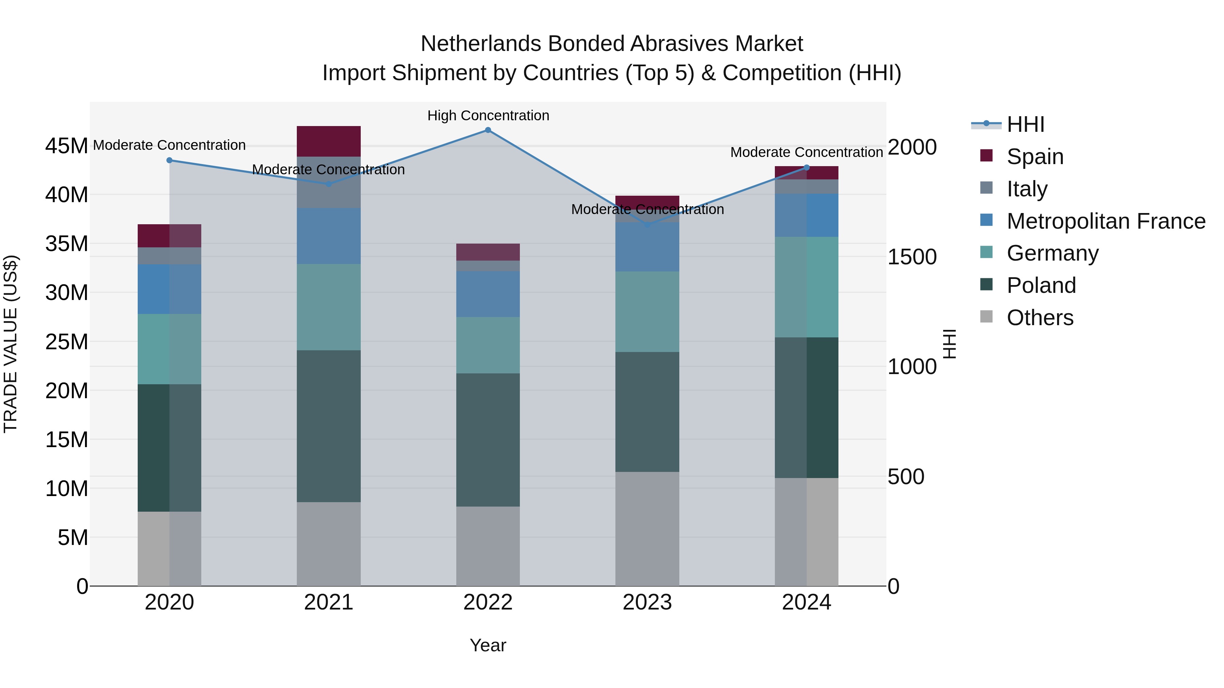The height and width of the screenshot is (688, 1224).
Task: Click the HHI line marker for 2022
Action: coord(488,130)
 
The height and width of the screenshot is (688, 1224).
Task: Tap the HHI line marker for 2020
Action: coord(170,160)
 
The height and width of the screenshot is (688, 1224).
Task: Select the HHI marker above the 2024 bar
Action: coord(806,167)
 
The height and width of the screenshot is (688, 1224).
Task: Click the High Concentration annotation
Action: coord(488,116)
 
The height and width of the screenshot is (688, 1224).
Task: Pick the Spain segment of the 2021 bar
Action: coord(328,141)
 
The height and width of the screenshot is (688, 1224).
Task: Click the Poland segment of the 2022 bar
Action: coord(488,440)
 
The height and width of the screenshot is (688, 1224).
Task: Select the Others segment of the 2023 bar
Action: coord(647,528)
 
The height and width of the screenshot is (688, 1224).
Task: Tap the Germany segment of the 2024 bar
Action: coord(806,287)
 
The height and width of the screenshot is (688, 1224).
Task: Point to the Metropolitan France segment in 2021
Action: coord(328,236)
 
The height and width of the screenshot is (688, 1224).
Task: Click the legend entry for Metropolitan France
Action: coord(1106,221)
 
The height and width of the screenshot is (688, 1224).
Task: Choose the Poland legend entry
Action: coord(1041,285)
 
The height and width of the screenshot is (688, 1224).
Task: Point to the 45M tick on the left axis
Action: coord(67,146)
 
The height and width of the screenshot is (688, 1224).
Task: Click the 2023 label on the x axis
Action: coord(647,602)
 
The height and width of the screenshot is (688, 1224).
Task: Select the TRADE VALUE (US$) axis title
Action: coord(11,344)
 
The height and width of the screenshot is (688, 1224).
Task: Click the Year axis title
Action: coord(488,645)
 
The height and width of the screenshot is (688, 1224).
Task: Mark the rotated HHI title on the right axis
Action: coord(949,344)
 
